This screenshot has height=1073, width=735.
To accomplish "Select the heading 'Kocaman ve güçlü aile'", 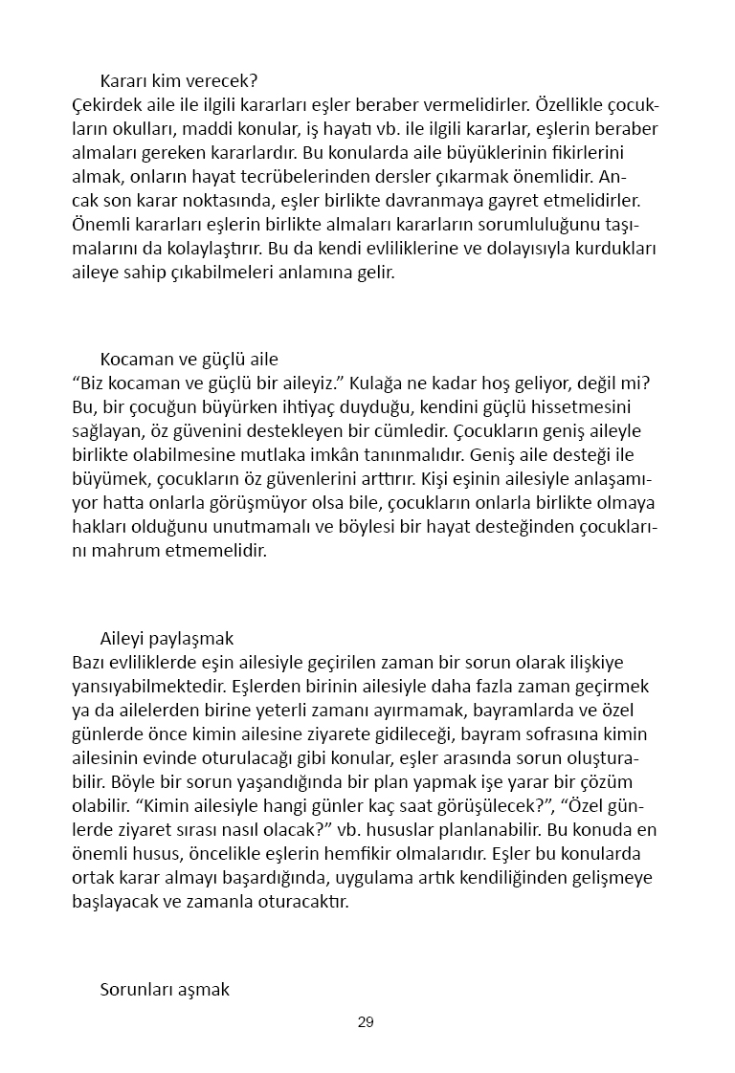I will point(189,360).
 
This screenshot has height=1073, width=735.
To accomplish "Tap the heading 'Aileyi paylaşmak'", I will point(167,638).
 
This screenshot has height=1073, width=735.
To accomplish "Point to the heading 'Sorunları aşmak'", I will point(165,989).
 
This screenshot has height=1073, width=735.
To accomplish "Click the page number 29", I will point(366,1022).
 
